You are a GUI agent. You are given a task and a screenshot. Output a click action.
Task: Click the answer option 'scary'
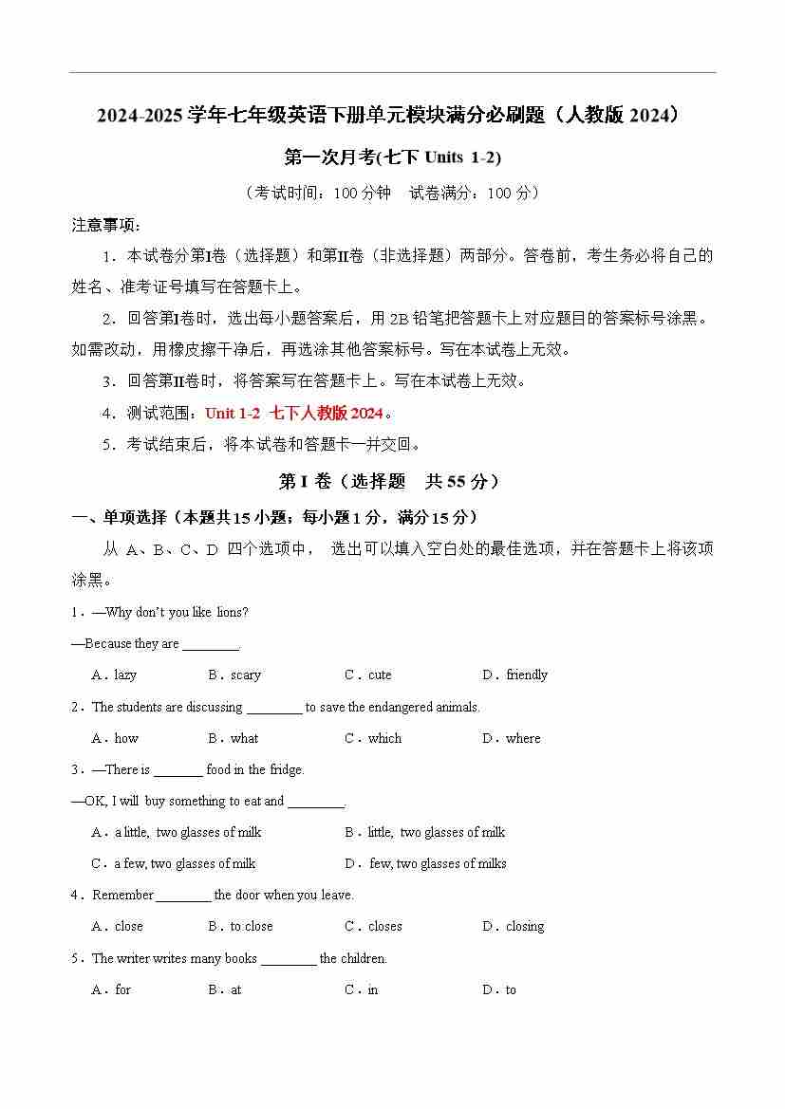pyautogui.click(x=245, y=675)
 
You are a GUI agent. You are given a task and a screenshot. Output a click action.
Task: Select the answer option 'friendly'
pyautogui.click(x=527, y=675)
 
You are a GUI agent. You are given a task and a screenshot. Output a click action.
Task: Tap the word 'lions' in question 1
pyautogui.click(x=232, y=612)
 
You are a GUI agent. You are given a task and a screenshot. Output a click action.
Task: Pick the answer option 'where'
pyautogui.click(x=523, y=738)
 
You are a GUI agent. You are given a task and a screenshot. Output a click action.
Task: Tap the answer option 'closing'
pyautogui.click(x=525, y=926)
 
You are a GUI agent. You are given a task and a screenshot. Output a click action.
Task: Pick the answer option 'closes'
pyautogui.click(x=384, y=926)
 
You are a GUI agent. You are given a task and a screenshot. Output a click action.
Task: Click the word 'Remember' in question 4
pyautogui.click(x=122, y=895)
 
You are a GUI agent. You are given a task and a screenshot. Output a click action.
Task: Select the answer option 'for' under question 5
pyautogui.click(x=122, y=989)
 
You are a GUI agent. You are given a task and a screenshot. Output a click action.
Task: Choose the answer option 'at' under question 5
pyautogui.click(x=236, y=989)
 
